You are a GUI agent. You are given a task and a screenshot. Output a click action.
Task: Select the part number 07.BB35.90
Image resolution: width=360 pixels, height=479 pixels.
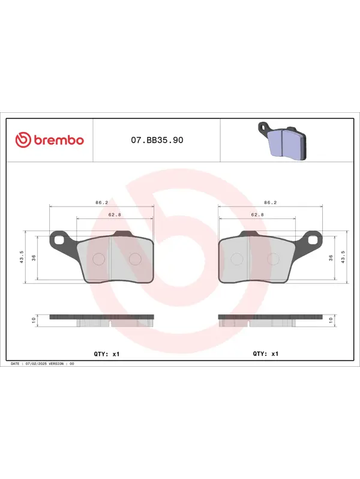coord(157,140)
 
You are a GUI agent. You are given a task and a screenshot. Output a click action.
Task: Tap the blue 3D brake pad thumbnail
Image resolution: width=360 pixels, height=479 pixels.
coord(282,141)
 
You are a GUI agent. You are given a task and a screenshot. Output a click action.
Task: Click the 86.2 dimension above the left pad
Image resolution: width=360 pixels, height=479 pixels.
coord(101,202)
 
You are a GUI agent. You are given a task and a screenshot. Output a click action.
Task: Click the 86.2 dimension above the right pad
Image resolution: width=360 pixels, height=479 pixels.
coord(270,202)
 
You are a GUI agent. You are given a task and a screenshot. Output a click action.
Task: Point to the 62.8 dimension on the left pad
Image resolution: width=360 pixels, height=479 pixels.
coord(115,215)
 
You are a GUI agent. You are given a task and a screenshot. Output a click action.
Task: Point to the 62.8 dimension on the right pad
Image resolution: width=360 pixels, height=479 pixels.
coord(257,215)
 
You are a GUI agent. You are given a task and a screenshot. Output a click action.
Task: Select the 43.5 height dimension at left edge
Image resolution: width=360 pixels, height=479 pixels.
coord(22,257)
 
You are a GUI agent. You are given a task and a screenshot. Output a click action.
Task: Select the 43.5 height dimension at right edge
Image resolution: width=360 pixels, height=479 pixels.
coord(343,257)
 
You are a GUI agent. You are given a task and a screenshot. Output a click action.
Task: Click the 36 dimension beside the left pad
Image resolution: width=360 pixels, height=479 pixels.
coord(34,258)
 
